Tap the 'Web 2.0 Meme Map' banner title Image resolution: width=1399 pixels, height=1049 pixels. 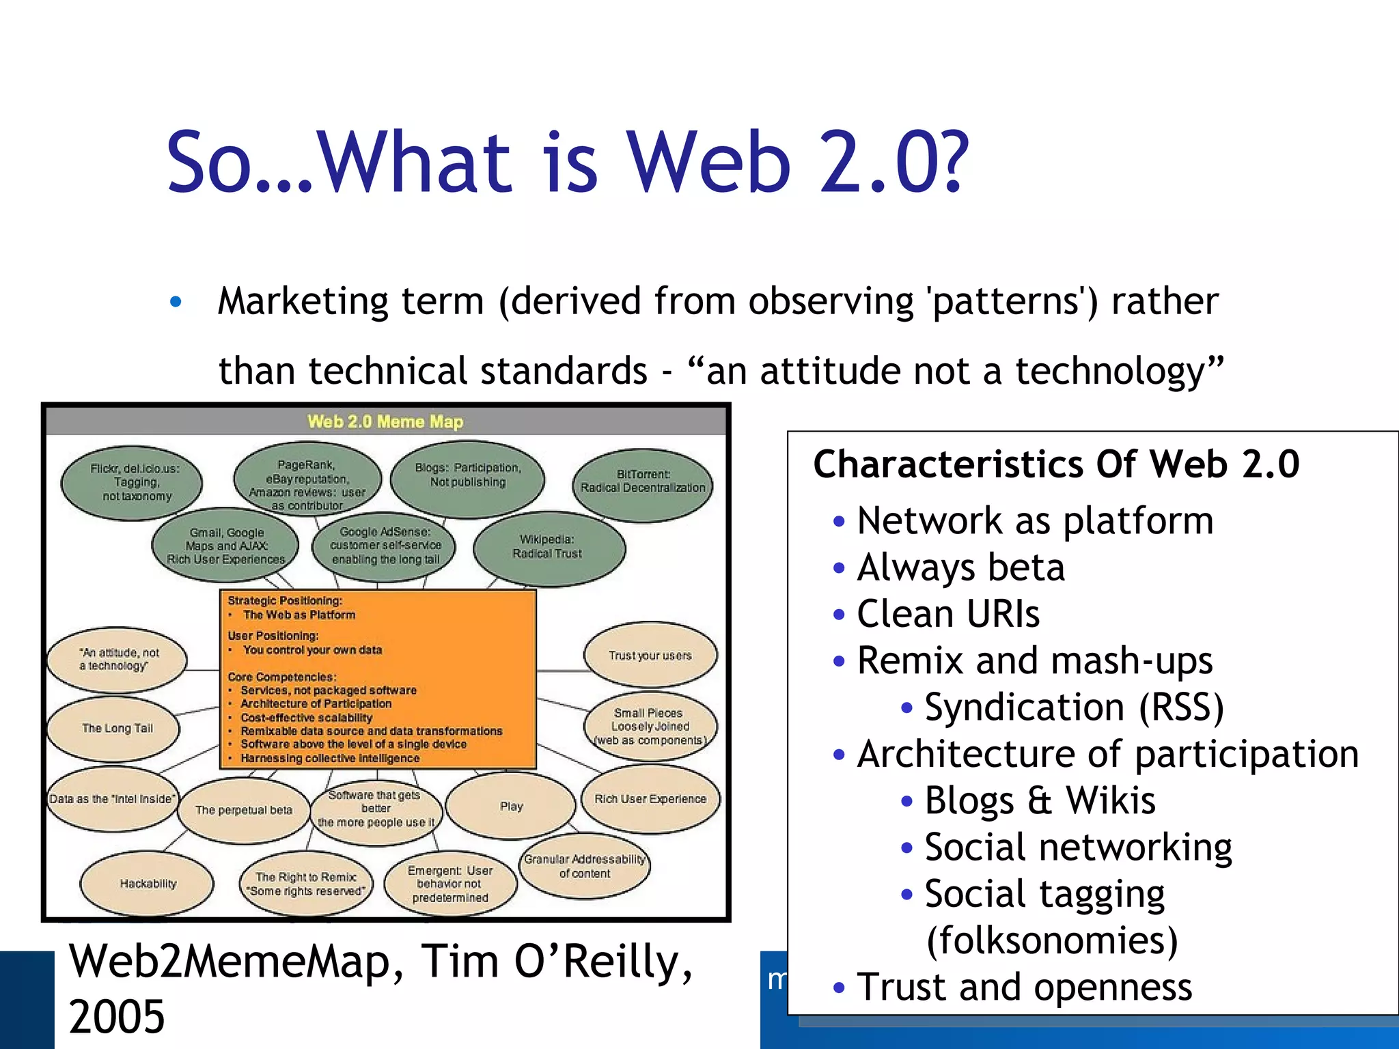[385, 421]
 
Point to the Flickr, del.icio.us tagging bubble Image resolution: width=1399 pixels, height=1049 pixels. [133, 482]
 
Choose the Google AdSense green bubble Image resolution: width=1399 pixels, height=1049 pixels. [385, 546]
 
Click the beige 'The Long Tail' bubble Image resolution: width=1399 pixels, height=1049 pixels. [117, 728]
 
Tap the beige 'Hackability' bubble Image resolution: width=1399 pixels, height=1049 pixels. [148, 884]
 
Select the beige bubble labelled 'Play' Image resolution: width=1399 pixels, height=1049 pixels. [511, 807]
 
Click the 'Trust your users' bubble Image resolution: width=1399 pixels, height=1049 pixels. [650, 656]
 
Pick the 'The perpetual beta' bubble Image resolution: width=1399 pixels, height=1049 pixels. [243, 810]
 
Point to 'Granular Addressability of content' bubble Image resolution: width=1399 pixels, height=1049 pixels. [585, 866]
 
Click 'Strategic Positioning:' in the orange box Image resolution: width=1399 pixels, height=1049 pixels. [285, 601]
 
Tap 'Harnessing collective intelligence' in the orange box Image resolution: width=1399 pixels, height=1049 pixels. [329, 758]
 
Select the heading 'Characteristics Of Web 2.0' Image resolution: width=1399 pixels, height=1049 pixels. [1056, 464]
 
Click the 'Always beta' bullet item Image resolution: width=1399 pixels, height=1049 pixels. [960, 568]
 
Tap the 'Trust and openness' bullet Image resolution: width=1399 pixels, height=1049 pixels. [1025, 987]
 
